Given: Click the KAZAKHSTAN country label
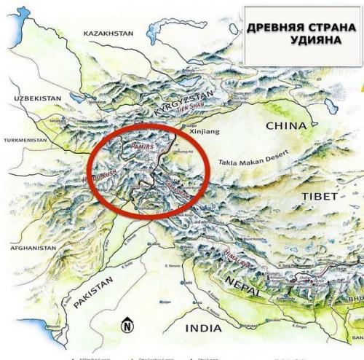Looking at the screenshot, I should coord(109,34).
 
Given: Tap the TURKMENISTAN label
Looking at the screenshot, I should coord(27,140).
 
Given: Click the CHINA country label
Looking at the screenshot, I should coord(286,125).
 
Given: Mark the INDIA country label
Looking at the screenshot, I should coord(203,329).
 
